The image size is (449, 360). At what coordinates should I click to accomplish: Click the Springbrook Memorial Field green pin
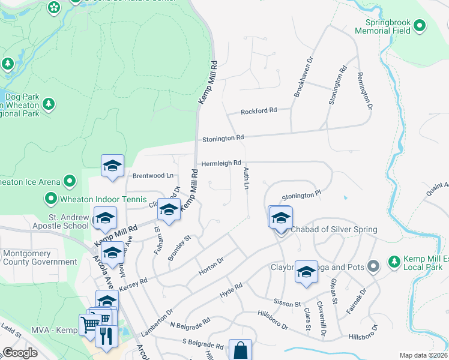[x=420, y=26]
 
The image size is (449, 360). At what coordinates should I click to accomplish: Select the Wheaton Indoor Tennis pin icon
[x=51, y=197]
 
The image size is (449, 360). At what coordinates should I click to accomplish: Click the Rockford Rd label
[x=259, y=111]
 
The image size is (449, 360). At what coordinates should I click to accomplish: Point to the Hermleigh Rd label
[x=221, y=163]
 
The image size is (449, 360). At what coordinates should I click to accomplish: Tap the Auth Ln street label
[x=246, y=179]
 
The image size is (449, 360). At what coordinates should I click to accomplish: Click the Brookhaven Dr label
[x=302, y=77]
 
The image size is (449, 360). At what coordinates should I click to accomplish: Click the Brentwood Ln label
[x=152, y=176]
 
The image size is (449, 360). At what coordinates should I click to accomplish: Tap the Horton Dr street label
[x=211, y=265]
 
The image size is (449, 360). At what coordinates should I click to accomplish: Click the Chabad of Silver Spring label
[x=334, y=230]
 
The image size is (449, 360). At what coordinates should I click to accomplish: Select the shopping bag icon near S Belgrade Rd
[x=240, y=350]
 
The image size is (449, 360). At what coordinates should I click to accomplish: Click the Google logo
[x=20, y=353]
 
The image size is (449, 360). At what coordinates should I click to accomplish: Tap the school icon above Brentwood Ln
[x=112, y=166]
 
